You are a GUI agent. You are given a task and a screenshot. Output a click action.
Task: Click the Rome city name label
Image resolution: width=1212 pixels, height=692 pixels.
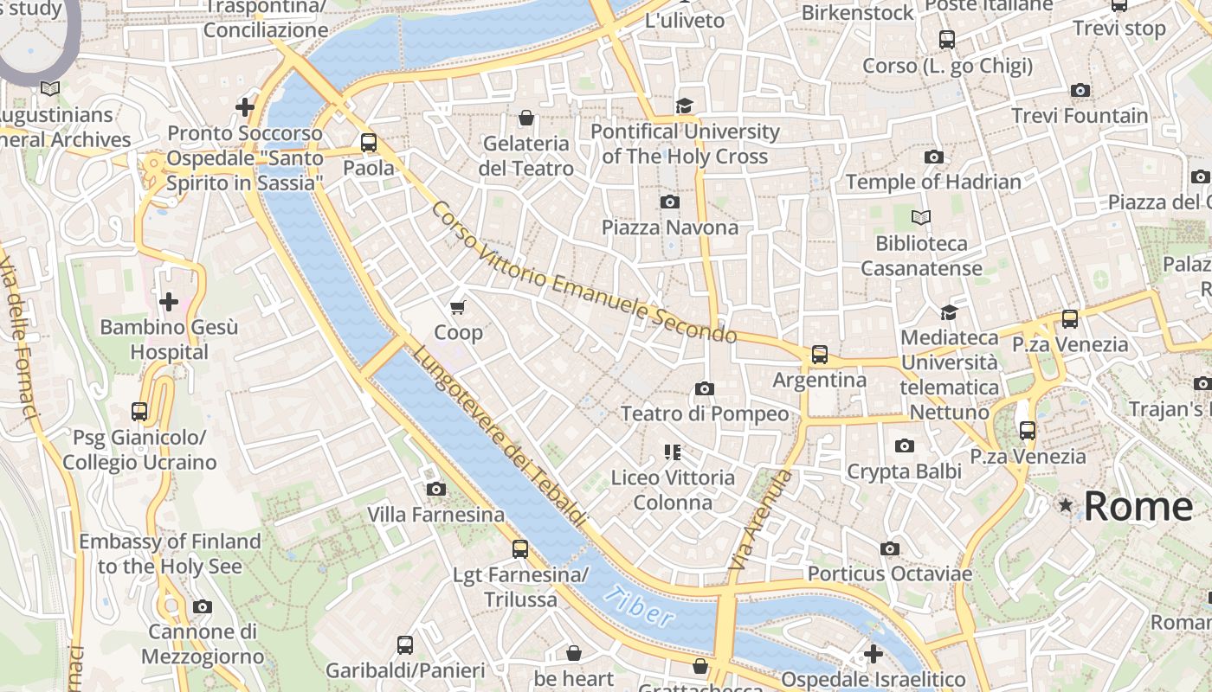[1138, 506]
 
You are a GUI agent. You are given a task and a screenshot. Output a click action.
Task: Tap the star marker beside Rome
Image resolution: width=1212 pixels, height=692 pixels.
[1065, 504]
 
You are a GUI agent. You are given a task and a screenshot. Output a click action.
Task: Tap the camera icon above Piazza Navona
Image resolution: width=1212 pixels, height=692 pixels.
[669, 202]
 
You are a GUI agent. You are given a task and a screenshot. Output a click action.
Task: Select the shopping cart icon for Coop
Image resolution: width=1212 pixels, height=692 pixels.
[458, 307]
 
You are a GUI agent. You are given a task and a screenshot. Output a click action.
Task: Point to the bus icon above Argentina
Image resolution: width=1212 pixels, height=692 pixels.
[819, 355]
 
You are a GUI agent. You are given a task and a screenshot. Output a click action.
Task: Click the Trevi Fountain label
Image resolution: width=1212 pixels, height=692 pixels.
[1080, 115]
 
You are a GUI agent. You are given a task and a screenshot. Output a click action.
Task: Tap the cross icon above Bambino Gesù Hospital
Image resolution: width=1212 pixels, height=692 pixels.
[169, 302]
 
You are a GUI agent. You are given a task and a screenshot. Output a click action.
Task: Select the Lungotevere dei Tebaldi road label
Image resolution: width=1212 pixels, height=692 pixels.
[499, 437]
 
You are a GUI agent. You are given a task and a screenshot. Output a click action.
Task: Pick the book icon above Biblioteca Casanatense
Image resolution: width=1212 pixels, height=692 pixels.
[921, 217]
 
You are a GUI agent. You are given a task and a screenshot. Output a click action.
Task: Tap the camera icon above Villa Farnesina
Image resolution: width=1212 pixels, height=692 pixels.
[436, 489]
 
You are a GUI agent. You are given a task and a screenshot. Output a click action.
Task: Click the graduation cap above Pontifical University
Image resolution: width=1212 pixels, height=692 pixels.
[685, 106]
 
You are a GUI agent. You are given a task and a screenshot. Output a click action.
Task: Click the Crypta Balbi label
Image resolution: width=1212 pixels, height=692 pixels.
[904, 471]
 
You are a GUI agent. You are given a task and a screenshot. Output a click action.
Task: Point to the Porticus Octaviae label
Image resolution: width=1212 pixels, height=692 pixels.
[889, 573]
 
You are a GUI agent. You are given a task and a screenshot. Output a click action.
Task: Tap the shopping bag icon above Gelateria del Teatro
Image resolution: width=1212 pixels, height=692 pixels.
[525, 118]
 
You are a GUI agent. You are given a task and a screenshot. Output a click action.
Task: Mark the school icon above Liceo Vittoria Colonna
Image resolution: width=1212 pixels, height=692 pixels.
[673, 452]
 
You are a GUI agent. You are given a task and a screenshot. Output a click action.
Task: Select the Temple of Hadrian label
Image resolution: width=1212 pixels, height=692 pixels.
[933, 182]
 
